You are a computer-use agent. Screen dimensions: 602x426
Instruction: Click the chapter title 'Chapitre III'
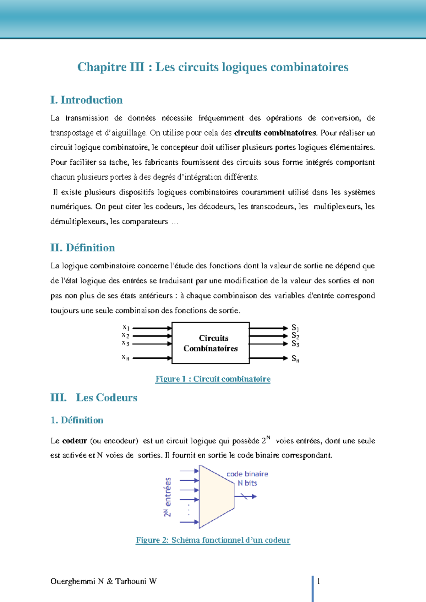pyautogui.click(x=111, y=67)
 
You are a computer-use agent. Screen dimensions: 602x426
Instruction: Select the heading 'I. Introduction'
pyautogui.click(x=86, y=100)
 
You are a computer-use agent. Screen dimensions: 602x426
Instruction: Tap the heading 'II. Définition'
pyautogui.click(x=82, y=248)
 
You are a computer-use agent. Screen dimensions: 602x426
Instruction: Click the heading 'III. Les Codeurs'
pyautogui.click(x=94, y=398)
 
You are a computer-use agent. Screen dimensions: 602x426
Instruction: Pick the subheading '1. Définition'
pyautogui.click(x=77, y=420)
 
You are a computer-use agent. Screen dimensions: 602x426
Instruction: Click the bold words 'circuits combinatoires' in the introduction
pyautogui.click(x=275, y=133)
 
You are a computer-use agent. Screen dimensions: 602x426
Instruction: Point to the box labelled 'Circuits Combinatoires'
pyautogui.click(x=211, y=343)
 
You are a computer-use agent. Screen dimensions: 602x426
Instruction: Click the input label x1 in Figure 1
pyautogui.click(x=126, y=328)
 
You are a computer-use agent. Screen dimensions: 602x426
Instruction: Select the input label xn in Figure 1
pyautogui.click(x=126, y=358)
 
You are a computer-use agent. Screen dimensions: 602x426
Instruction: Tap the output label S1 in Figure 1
pyautogui.click(x=295, y=328)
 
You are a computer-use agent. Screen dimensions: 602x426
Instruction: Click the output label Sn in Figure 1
pyautogui.click(x=295, y=359)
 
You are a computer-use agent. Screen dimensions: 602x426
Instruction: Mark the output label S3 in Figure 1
pyautogui.click(x=295, y=344)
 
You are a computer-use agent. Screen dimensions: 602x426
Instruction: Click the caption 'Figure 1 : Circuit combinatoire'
pyautogui.click(x=213, y=379)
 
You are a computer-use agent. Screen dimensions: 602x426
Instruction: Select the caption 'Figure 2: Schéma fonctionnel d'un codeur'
pyautogui.click(x=213, y=540)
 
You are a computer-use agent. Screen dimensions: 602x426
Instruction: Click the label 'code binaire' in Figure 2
pyautogui.click(x=247, y=474)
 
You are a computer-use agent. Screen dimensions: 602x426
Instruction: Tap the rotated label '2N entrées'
pyautogui.click(x=168, y=497)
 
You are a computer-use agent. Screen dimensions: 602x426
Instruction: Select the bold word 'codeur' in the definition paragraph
pyautogui.click(x=75, y=441)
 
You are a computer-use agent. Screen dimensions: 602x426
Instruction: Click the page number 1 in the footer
pyautogui.click(x=318, y=581)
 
